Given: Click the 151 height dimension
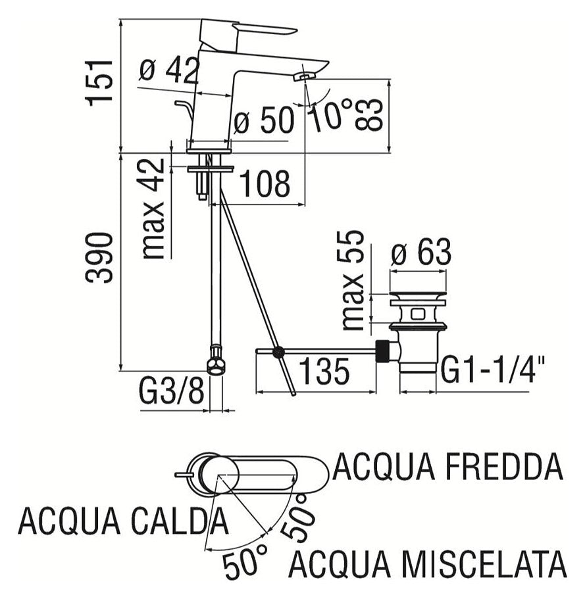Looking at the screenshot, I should (x=100, y=80).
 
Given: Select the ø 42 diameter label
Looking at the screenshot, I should (x=169, y=70).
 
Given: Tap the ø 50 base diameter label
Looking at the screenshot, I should (x=263, y=121).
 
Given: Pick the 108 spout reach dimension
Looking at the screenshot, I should (x=264, y=185).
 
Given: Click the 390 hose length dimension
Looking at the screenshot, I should (x=100, y=257).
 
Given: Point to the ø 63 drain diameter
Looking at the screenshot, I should (x=421, y=253).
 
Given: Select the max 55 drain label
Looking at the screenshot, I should (x=353, y=280).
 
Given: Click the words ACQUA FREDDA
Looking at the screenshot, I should (x=449, y=467).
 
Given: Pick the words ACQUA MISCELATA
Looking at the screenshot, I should (x=428, y=564).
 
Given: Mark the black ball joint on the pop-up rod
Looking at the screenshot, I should (x=279, y=353).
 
